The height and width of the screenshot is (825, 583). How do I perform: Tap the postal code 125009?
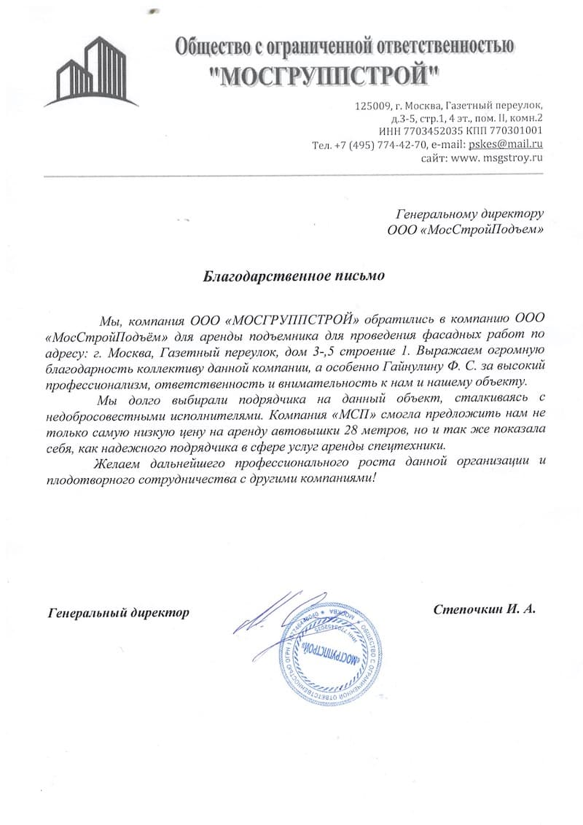click(x=372, y=105)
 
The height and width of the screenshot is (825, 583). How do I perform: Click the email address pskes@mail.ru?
click(x=506, y=144)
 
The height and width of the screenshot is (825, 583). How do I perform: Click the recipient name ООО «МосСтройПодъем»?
click(x=466, y=230)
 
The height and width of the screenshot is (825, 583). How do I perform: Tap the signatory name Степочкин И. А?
click(x=484, y=609)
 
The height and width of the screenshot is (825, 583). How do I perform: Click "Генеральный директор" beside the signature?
click(x=119, y=613)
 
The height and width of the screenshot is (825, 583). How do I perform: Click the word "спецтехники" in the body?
click(x=409, y=445)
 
